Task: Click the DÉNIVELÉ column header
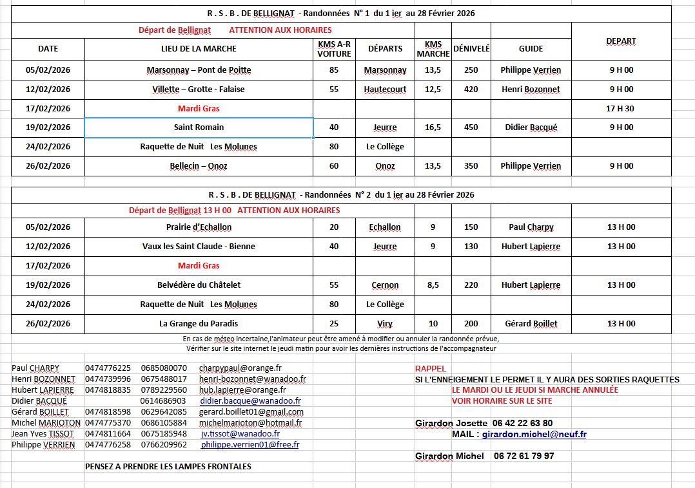pos(471,48)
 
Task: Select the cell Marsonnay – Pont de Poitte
pos(199,70)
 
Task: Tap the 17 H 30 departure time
pos(620,109)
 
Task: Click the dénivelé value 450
pos(471,127)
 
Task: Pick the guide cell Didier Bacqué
pos(531,127)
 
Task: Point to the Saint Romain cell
pos(199,127)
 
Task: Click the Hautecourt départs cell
pos(385,89)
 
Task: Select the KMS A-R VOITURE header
pos(334,49)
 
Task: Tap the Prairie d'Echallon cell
pos(199,227)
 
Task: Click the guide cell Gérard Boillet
pos(531,324)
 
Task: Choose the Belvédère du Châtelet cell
pos(199,285)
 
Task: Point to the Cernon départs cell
pos(385,285)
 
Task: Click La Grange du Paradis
pos(199,324)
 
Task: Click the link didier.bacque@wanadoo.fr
pos(250,401)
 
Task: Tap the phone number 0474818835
pos(108,390)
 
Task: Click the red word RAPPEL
pos(430,369)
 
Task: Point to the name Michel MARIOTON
pos(46,423)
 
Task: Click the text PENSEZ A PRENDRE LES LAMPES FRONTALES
pos(168,466)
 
